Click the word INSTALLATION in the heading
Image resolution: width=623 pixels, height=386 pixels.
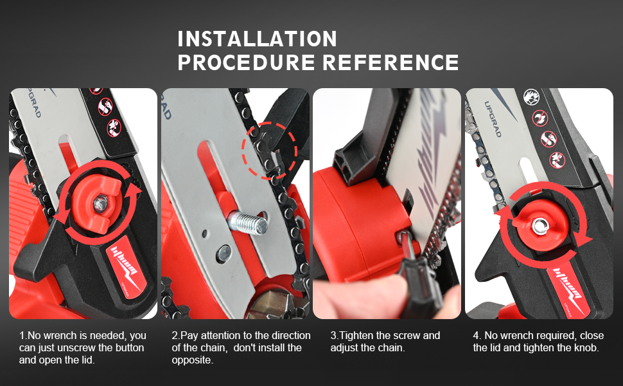[x=257, y=39]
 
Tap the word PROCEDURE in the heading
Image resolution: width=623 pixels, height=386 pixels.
[x=246, y=62]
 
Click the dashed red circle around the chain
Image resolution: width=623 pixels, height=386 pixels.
[x=269, y=151]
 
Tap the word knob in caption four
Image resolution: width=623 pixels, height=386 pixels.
[x=587, y=347]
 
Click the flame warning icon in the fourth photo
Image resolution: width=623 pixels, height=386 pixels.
[x=530, y=96]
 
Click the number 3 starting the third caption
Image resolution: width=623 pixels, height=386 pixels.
[x=333, y=335]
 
